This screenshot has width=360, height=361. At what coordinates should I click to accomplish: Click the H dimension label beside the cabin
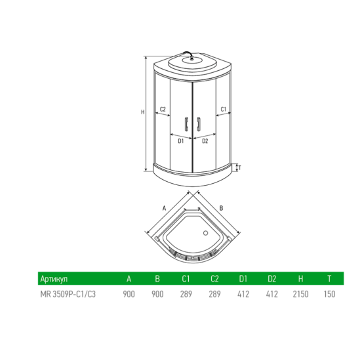tap(142, 112)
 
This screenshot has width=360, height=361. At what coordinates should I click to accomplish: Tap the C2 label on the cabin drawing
tap(163, 109)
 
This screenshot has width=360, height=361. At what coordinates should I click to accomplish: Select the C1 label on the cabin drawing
tap(223, 109)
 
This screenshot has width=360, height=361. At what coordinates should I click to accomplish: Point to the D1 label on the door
tap(180, 140)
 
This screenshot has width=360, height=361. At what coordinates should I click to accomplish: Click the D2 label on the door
tap(205, 140)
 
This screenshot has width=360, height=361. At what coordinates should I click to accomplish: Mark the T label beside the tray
tap(240, 167)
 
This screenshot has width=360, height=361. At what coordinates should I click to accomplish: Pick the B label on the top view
tap(222, 207)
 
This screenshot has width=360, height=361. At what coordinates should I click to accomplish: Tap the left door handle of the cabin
tap(188, 125)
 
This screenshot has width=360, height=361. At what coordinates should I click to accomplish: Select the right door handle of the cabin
tap(196, 125)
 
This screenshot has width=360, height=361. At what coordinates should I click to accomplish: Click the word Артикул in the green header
tap(54, 280)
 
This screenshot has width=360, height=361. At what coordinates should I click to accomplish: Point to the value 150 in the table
tap(329, 294)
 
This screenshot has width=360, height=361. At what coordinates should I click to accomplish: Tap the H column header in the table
tap(300, 280)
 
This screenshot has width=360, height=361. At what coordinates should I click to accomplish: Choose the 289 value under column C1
tap(186, 294)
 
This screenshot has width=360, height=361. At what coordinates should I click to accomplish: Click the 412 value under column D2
tap(271, 294)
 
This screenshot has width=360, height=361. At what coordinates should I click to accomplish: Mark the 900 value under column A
tap(129, 294)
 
